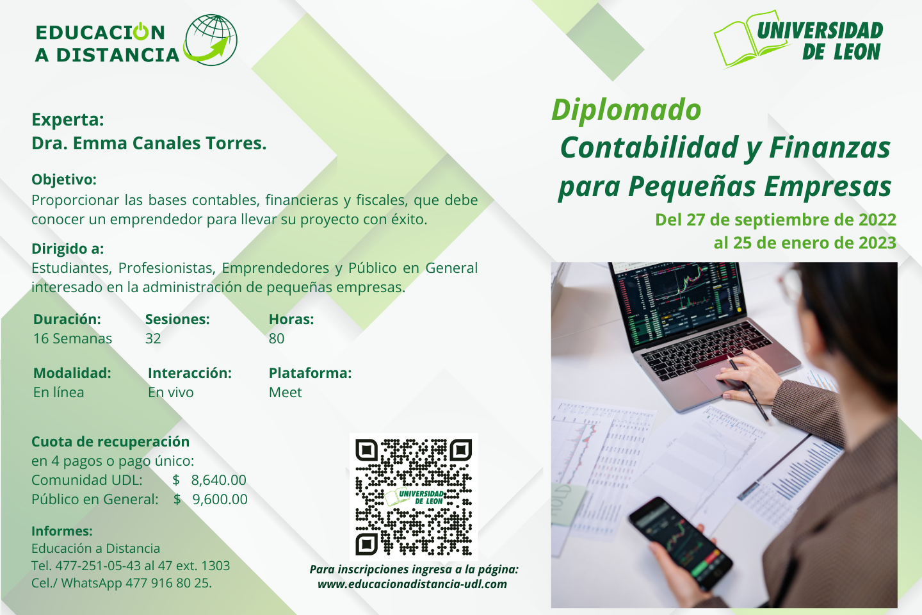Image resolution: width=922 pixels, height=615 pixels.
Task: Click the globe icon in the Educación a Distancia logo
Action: pyautogui.click(x=211, y=40)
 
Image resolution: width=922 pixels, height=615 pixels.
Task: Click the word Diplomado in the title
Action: pyautogui.click(x=626, y=110)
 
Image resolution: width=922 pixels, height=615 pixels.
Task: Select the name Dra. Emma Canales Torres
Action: pyautogui.click(x=149, y=143)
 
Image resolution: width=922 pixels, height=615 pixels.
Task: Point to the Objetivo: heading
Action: pyautogui.click(x=64, y=180)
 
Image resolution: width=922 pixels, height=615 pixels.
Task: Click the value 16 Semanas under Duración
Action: pyautogui.click(x=72, y=339)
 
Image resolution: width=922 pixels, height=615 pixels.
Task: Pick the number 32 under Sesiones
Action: pyautogui.click(x=152, y=339)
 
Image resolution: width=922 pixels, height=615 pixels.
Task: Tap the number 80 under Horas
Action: pyautogui.click(x=277, y=339)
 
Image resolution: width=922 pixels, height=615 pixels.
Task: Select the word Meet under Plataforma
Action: pyautogui.click(x=286, y=393)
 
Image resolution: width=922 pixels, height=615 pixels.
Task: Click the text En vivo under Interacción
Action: pyautogui.click(x=171, y=393)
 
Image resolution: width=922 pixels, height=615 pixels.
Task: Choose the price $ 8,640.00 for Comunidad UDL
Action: pyautogui.click(x=209, y=480)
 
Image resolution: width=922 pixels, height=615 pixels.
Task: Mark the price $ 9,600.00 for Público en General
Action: pyautogui.click(x=210, y=500)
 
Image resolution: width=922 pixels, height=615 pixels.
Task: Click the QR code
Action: pyautogui.click(x=414, y=496)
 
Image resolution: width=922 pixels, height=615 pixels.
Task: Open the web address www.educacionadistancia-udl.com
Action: pyautogui.click(x=412, y=584)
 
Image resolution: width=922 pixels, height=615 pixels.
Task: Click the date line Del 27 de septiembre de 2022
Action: pyautogui.click(x=775, y=220)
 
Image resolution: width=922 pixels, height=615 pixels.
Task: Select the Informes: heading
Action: pyautogui.click(x=62, y=531)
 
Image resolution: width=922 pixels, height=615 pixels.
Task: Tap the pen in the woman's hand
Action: pyautogui.click(x=749, y=389)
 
